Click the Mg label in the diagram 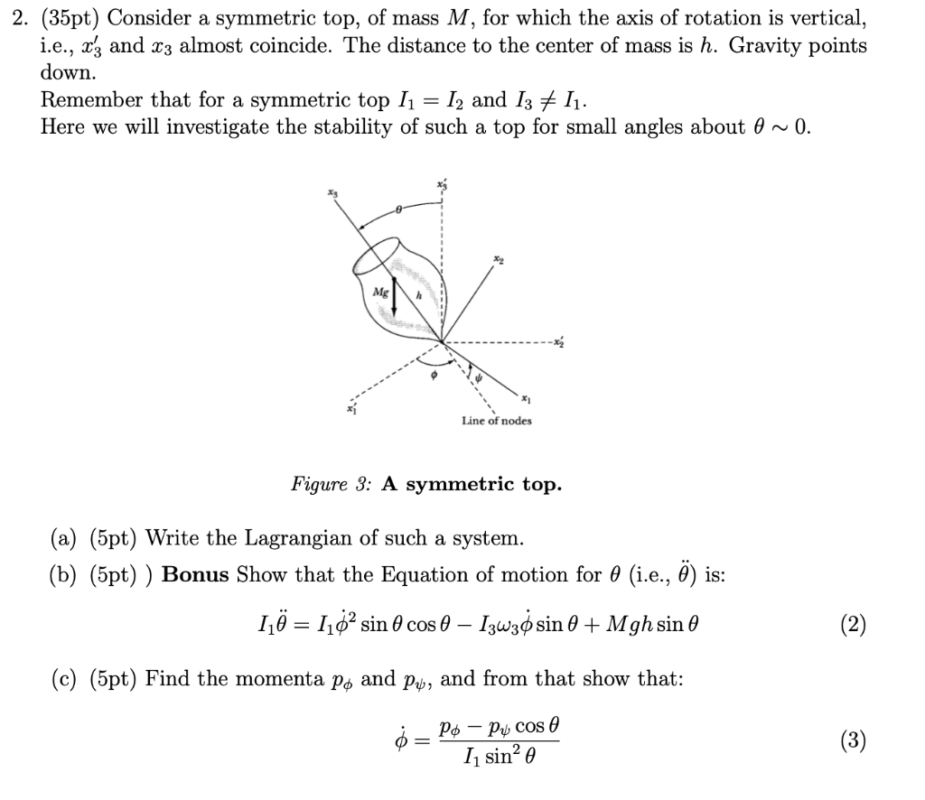380,293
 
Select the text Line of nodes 496,421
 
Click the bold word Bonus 196,575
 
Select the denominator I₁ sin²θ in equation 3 499,757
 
